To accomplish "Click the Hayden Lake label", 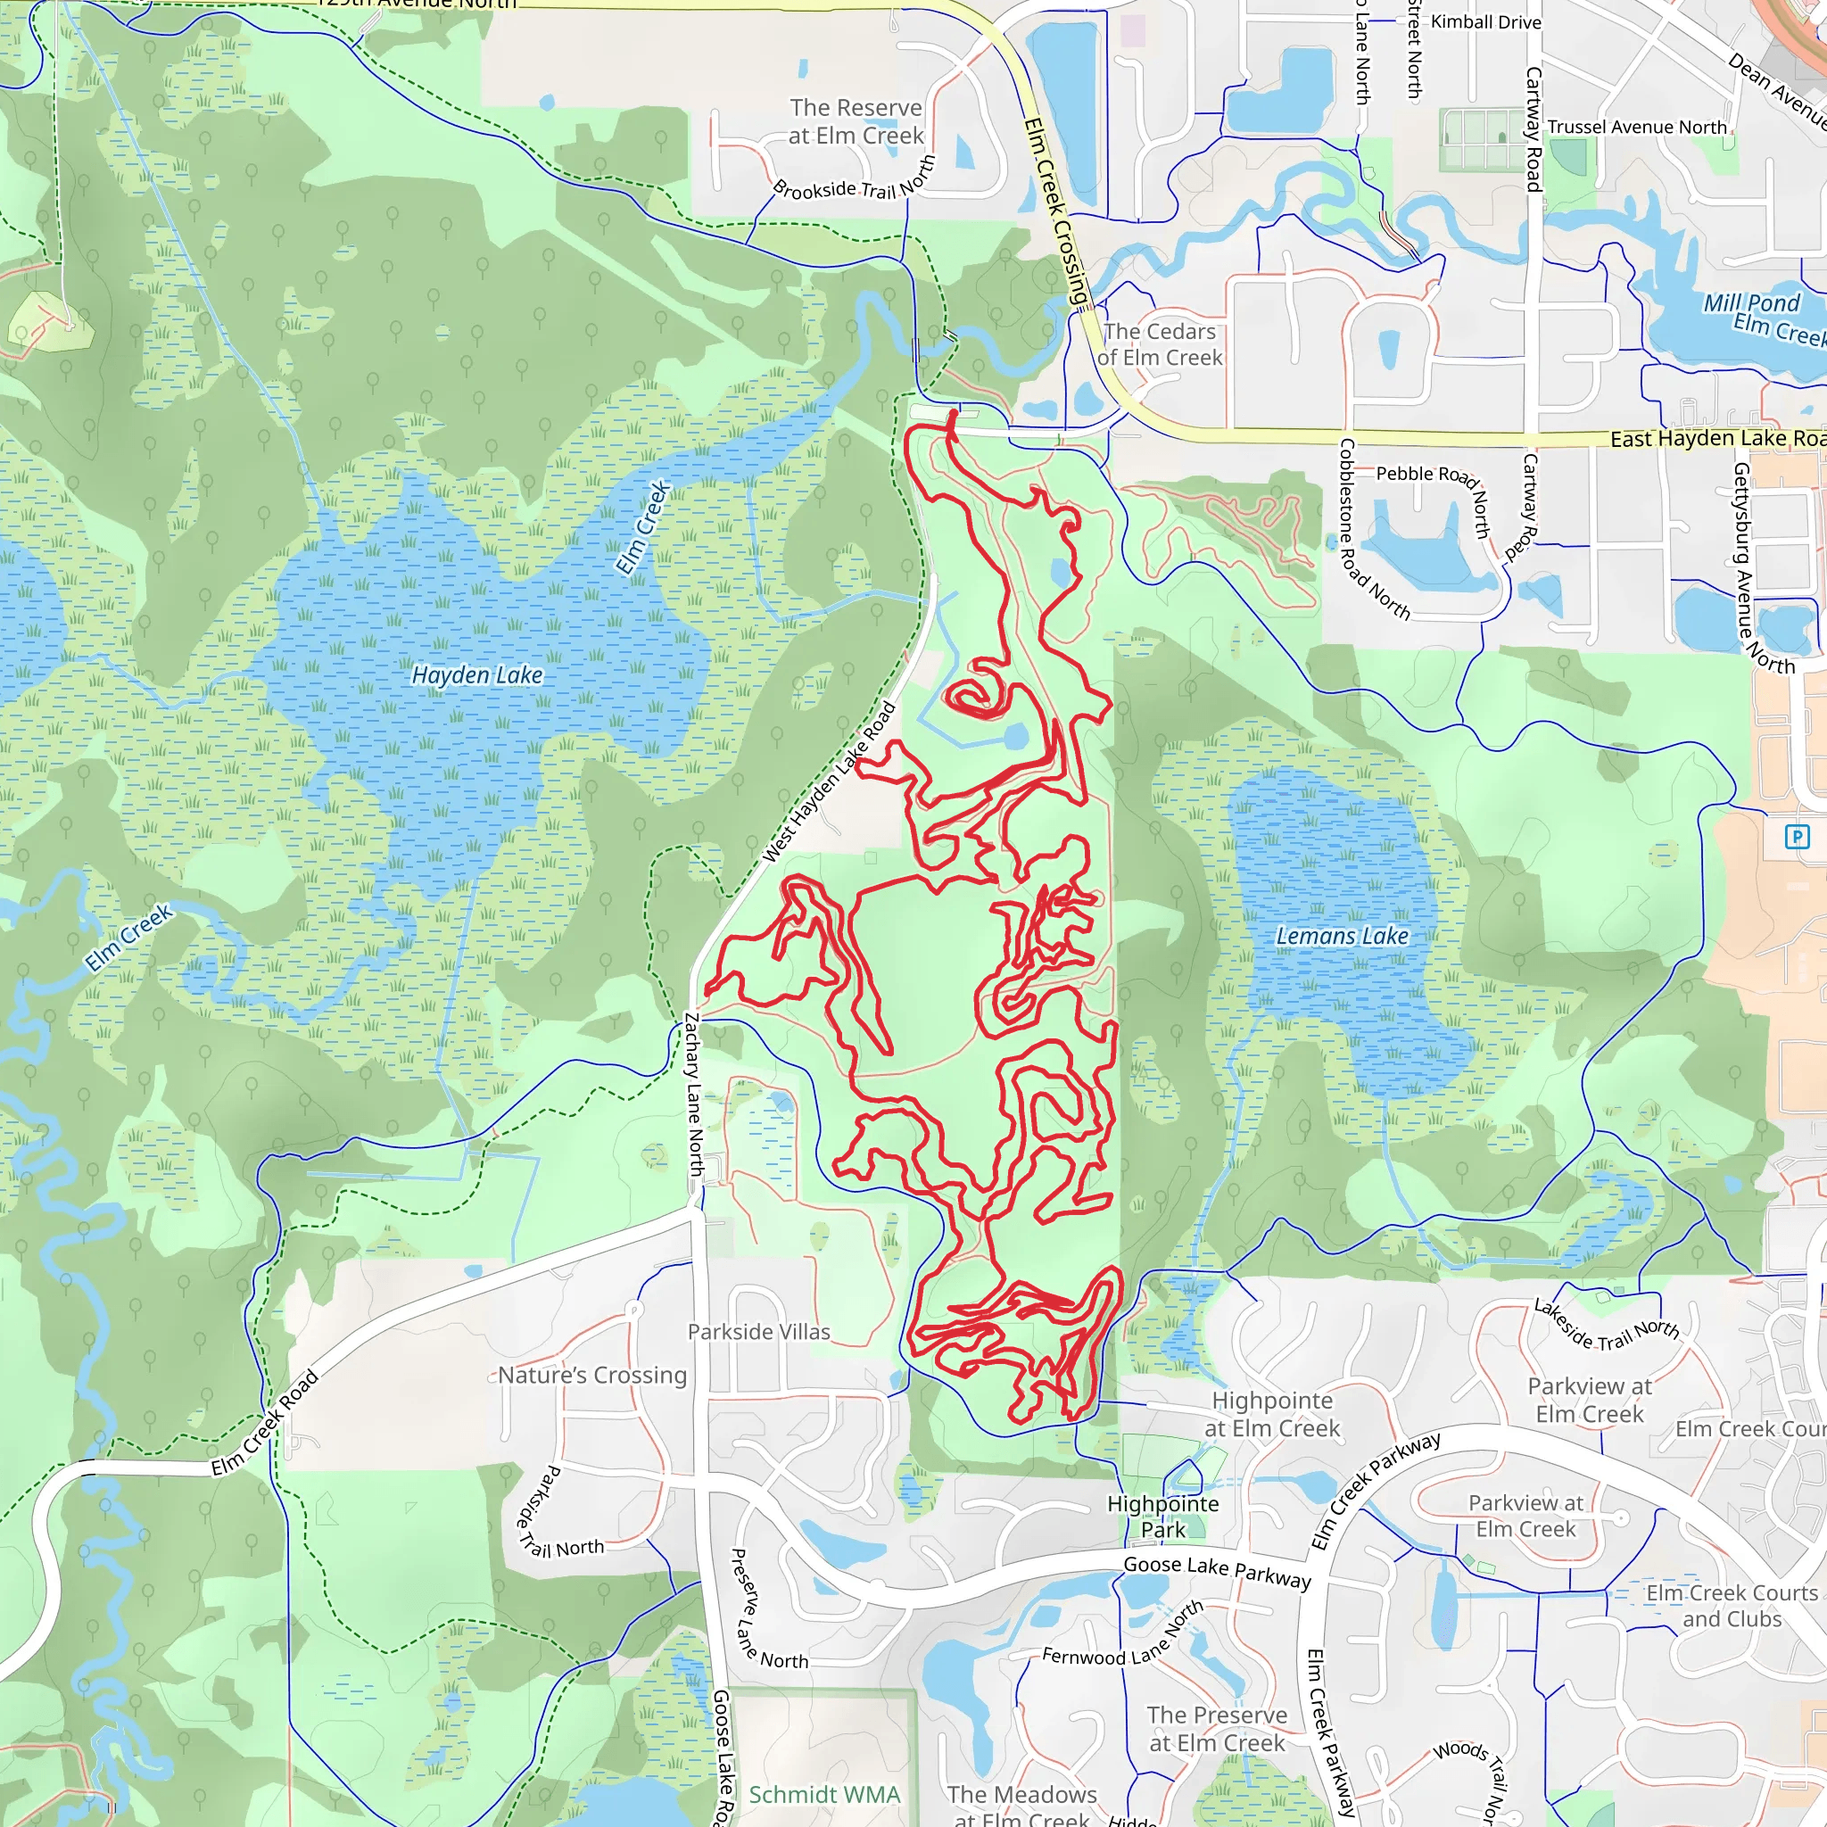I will pos(477,675).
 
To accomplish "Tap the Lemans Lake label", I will pos(1342,936).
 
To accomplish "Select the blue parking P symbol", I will pos(1796,836).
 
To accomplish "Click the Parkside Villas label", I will pos(758,1332).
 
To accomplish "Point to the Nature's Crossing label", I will pos(592,1375).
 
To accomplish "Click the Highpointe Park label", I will pos(1163,1516).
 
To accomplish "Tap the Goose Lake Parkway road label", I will pos(1217,1571).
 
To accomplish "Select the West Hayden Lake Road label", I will pos(830,782).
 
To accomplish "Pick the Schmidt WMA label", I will pos(824,1794).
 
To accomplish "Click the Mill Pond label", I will pos(1751,302).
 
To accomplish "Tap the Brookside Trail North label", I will pos(854,182).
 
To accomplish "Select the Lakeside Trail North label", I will pos(1606,1325).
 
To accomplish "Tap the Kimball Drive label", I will pos(1485,21).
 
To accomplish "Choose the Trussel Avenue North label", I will pos(1637,127).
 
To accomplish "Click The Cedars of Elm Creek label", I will pos(1160,344).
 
